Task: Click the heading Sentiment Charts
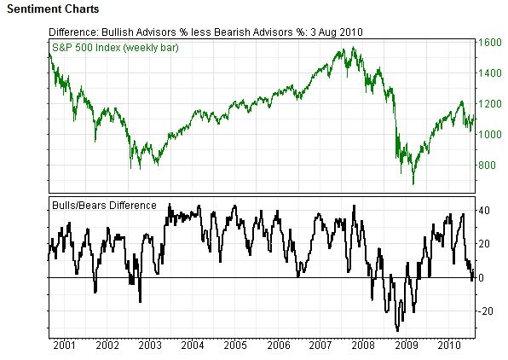(x=52, y=9)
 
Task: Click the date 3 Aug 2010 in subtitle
(x=335, y=32)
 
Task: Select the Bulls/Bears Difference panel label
(x=104, y=206)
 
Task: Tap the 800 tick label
(x=488, y=165)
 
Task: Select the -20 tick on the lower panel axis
(x=486, y=311)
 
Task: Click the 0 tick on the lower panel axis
(x=482, y=278)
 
